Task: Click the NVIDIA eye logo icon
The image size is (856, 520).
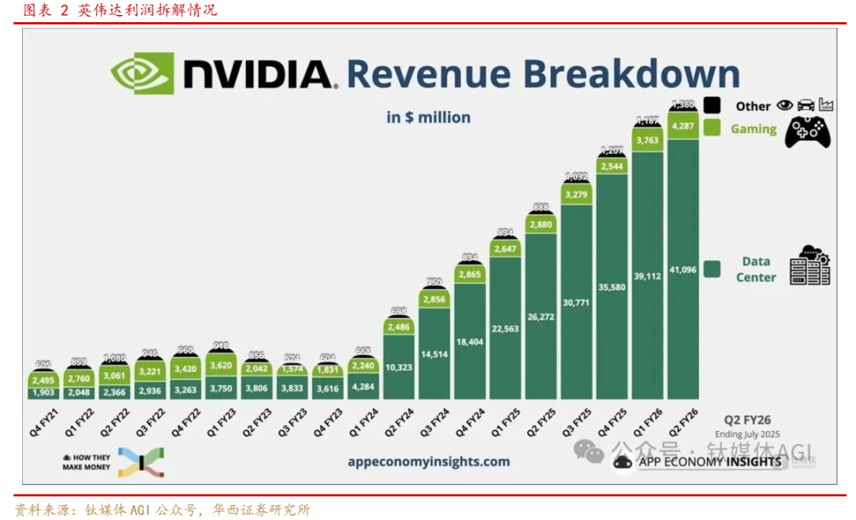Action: [143, 75]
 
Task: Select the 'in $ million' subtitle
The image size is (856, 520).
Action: [428, 117]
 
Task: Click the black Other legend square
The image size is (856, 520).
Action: [712, 105]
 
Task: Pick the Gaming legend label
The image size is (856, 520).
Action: [753, 128]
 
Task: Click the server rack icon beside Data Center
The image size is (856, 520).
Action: [809, 266]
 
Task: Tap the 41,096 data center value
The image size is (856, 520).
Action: [682, 270]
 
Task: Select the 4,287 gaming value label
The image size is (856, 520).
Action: [682, 125]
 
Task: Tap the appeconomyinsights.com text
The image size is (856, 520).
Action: [428, 461]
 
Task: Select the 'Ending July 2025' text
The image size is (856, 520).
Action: [748, 434]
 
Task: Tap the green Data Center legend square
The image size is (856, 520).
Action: [712, 270]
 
